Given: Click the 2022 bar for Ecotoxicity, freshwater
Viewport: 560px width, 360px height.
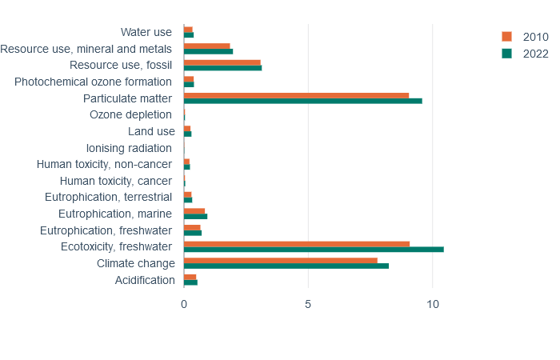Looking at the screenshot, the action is (314, 250).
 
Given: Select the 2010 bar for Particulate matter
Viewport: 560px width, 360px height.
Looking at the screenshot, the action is (297, 95).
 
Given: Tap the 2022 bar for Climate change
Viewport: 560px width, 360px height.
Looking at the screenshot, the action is (286, 266).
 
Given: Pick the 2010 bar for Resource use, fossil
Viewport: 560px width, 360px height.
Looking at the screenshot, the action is (222, 62).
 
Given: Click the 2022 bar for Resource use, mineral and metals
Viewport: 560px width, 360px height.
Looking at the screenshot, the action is (209, 51).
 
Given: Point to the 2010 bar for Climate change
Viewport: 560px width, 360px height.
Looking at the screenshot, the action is (281, 260).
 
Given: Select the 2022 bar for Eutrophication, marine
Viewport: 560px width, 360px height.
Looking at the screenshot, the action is (196, 217).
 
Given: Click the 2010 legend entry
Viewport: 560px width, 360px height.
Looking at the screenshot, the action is (525, 37).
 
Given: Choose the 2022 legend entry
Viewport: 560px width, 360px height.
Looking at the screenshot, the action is (525, 54).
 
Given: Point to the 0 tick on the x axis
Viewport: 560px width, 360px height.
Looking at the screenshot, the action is (184, 304).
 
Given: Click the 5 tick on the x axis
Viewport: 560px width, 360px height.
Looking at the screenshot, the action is (308, 304).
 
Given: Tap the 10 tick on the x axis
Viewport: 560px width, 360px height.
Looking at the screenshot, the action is (433, 304).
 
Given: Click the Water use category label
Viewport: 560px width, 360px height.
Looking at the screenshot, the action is (146, 32).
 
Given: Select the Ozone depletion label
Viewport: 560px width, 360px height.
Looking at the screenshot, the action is (130, 114).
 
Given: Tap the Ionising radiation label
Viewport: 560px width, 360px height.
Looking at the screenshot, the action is (129, 148).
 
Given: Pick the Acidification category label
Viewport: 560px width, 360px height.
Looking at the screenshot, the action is (145, 280).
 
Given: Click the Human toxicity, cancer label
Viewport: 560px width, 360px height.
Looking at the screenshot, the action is (116, 181).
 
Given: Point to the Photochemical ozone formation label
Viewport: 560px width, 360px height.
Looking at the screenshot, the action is (93, 82).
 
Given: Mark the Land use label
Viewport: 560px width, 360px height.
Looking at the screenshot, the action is (151, 131).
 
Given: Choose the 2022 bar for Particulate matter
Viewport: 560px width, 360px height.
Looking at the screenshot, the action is (303, 101).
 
